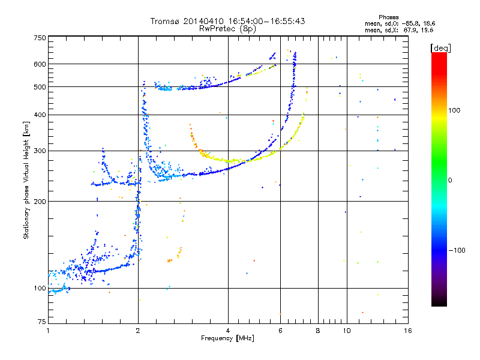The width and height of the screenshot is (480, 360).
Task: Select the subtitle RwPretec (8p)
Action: [227, 29]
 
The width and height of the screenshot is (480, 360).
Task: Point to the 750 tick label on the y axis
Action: [40, 38]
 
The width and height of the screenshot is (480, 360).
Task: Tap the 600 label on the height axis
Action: [40, 64]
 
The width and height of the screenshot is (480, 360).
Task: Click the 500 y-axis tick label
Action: [40, 87]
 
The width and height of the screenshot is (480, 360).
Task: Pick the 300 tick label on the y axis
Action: [40, 151]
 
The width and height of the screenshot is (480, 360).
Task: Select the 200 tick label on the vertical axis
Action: [40, 202]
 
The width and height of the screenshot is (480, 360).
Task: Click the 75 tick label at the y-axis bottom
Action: [42, 322]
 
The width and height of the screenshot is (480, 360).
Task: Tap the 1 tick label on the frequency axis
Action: [48, 331]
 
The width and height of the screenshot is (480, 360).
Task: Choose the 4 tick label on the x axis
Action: [228, 331]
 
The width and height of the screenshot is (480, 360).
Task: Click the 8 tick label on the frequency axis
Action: [318, 331]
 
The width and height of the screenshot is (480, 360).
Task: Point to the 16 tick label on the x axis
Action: [408, 331]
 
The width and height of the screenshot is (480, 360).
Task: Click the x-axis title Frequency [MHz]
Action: [227, 338]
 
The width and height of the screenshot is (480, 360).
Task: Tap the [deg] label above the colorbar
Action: [440, 48]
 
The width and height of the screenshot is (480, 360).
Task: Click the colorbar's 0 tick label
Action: [449, 181]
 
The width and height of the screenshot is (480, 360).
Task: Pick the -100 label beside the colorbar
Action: [457, 250]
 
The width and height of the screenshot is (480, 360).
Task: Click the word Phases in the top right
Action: [388, 17]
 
